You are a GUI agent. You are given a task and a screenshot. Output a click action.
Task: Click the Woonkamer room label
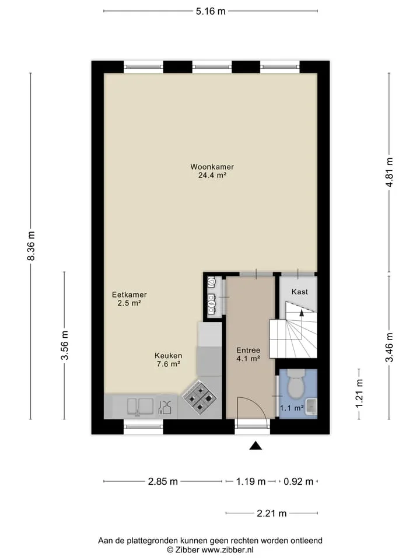212,167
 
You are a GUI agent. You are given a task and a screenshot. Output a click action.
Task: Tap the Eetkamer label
129,295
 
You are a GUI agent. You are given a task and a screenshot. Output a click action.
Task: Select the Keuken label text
168,356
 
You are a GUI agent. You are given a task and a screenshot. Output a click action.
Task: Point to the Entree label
249,350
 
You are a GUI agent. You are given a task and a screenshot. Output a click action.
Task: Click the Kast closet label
300,292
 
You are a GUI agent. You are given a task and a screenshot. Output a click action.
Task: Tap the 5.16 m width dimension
211,11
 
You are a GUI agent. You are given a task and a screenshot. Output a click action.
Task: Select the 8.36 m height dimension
32,246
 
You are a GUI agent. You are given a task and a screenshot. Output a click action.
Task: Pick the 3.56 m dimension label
65,345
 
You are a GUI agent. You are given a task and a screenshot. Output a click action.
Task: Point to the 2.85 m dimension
163,481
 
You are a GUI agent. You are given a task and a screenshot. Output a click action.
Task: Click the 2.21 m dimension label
272,513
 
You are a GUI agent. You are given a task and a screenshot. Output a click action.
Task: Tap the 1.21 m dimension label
359,393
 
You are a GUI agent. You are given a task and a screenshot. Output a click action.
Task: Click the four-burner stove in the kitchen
199,397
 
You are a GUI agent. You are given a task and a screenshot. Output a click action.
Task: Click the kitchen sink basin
141,407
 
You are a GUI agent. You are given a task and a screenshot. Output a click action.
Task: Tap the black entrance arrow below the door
256,445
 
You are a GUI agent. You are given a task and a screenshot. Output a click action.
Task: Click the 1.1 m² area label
292,408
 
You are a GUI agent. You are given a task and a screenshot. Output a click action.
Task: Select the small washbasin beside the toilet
311,407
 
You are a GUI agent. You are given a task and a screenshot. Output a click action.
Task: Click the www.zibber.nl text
228,550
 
